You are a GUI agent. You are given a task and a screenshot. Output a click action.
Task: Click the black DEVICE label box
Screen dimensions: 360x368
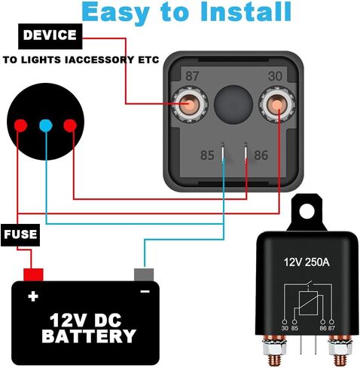click(x=50, y=36)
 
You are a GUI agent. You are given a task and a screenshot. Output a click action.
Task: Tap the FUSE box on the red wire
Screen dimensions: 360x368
click(x=20, y=235)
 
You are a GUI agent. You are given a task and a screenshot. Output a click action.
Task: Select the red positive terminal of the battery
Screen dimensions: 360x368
click(x=33, y=274)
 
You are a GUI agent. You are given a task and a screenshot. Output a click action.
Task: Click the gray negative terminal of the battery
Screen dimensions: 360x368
click(x=144, y=274)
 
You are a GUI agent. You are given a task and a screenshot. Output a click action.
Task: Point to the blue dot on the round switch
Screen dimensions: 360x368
click(x=46, y=125)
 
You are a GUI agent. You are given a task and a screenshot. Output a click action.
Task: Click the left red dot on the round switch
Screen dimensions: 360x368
click(x=20, y=125)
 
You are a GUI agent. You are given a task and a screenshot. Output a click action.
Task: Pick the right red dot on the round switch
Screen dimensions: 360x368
click(x=70, y=125)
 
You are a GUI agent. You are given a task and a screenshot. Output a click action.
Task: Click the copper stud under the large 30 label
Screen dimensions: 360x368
click(x=277, y=104)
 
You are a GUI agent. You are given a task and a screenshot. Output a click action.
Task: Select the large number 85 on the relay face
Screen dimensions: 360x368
click(x=207, y=155)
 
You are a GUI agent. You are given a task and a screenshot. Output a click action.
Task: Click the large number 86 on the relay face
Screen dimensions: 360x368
click(x=261, y=155)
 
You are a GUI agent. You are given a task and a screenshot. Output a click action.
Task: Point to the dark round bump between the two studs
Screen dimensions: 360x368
click(x=233, y=105)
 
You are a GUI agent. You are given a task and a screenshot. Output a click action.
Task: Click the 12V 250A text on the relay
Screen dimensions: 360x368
click(x=307, y=262)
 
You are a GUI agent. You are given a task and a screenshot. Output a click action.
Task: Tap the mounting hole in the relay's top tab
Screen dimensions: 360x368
click(x=307, y=211)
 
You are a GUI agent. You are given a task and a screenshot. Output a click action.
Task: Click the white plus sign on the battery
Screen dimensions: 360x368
click(x=33, y=296)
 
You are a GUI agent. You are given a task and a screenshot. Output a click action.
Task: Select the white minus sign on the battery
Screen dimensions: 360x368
click(x=145, y=292)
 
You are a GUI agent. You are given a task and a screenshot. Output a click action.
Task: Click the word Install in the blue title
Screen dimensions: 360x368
click(x=246, y=12)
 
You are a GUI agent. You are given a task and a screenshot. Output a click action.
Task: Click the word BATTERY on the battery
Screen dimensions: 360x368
click(x=89, y=336)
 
